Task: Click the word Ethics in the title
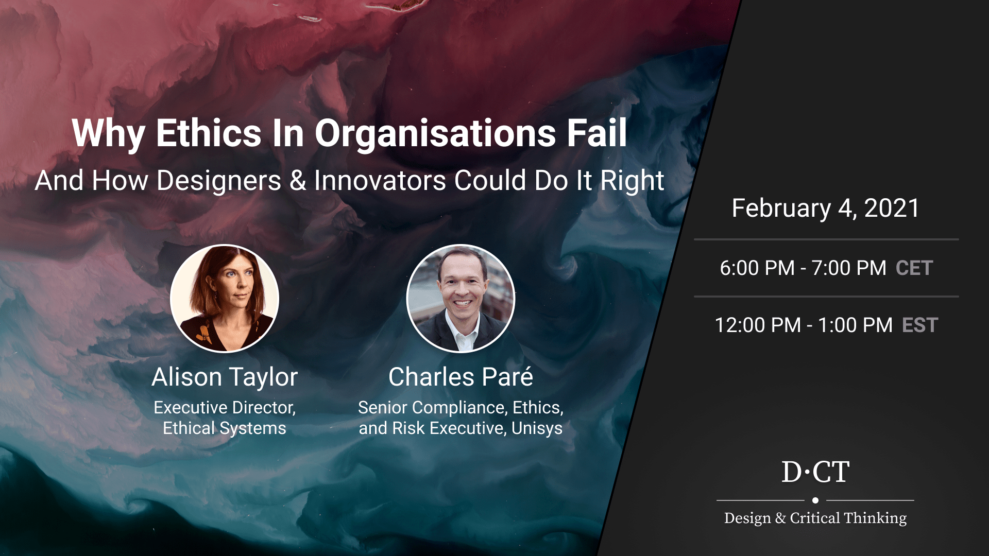209,133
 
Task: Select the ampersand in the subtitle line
298,181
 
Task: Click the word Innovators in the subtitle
380,181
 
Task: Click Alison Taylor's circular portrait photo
225,299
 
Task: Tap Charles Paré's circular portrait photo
461,299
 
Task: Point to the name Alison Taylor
225,377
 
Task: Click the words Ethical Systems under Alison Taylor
225,428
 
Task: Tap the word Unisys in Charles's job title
537,428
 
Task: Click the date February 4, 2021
826,208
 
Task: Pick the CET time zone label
914,268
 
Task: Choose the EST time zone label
920,325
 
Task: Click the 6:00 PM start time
757,268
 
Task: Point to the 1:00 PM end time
855,325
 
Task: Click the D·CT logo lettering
815,472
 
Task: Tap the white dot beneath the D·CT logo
815,500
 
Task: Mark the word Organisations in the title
436,133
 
